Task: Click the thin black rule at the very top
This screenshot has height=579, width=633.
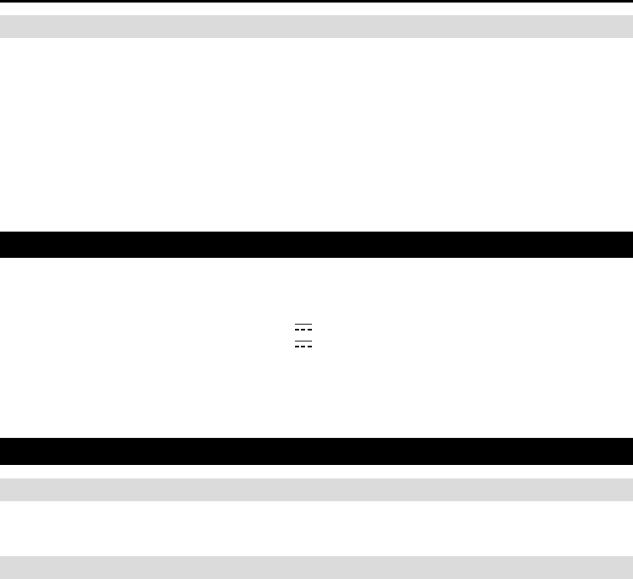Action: click(x=316, y=2)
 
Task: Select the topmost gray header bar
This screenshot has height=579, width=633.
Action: click(x=316, y=26)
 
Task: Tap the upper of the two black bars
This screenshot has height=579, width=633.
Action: click(x=316, y=244)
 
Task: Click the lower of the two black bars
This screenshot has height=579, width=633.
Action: click(x=316, y=451)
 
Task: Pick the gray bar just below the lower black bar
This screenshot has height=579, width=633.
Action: click(x=316, y=489)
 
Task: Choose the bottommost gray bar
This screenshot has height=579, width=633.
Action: click(x=316, y=566)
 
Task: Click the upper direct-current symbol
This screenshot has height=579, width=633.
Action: click(x=303, y=328)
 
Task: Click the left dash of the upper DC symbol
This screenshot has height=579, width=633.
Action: click(x=297, y=330)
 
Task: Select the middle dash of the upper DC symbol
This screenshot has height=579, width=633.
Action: click(x=303, y=330)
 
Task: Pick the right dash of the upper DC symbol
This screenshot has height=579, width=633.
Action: click(x=309, y=330)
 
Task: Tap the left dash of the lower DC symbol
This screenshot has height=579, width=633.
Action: click(x=297, y=347)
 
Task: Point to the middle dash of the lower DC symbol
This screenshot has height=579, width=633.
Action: click(x=303, y=347)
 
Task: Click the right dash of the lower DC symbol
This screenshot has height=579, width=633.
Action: click(x=309, y=347)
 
